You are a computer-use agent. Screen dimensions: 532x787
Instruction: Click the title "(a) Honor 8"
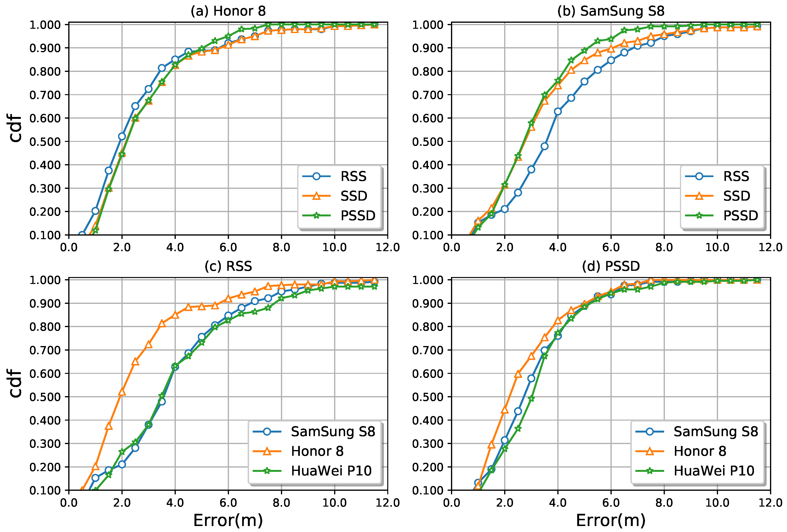coord(228,11)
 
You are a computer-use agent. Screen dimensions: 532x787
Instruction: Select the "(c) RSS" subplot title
coord(228,266)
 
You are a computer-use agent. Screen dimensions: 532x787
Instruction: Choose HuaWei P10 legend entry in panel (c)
coord(331,471)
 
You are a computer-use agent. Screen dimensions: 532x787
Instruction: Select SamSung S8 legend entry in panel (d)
coord(716,432)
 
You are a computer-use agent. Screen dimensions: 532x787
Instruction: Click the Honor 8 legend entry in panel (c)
coord(317,451)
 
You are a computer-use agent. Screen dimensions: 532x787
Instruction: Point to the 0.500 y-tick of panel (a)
coord(45,142)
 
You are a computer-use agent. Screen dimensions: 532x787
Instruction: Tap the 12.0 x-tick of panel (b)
coord(770,247)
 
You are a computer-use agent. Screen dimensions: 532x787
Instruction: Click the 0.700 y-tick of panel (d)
coord(428,350)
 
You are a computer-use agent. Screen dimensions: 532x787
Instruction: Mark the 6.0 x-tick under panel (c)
coord(228,503)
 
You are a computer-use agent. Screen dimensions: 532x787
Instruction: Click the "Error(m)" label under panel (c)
coord(228,520)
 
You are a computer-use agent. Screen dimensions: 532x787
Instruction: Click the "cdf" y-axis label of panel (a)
coord(16,129)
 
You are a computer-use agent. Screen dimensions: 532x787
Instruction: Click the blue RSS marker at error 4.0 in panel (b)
coord(558,111)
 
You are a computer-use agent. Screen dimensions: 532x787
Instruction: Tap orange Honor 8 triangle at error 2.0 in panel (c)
coord(122,392)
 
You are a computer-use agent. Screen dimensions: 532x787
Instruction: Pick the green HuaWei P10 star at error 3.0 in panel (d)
coord(531,399)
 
